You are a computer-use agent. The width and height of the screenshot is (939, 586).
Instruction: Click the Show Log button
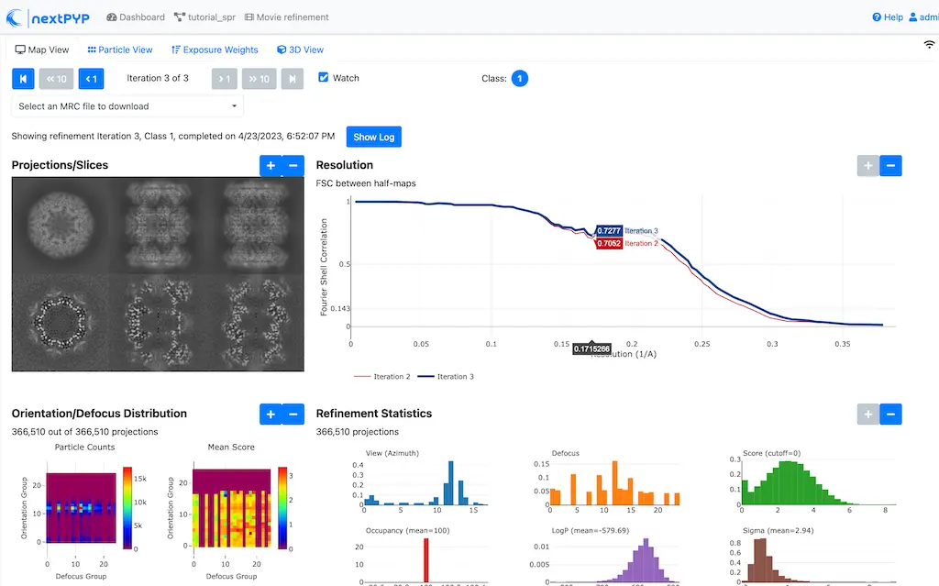point(373,137)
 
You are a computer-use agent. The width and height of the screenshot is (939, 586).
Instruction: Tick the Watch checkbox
point(323,78)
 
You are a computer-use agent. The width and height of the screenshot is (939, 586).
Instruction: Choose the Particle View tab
point(120,50)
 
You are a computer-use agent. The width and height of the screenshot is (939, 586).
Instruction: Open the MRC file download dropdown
point(127,106)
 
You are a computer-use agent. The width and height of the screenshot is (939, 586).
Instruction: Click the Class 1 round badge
point(519,79)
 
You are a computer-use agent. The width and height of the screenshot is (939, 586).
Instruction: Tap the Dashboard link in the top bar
point(136,17)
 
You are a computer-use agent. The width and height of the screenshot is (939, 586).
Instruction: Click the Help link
point(888,17)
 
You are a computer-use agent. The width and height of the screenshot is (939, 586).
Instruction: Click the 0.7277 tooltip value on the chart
point(608,231)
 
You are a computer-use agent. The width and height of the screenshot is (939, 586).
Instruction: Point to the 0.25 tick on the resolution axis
point(701,345)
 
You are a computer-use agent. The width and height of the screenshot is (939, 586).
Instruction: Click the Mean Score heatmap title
point(231,447)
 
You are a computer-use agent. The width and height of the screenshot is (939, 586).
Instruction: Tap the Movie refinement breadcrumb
point(286,17)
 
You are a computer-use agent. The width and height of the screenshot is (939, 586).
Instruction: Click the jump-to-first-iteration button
point(22,79)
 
